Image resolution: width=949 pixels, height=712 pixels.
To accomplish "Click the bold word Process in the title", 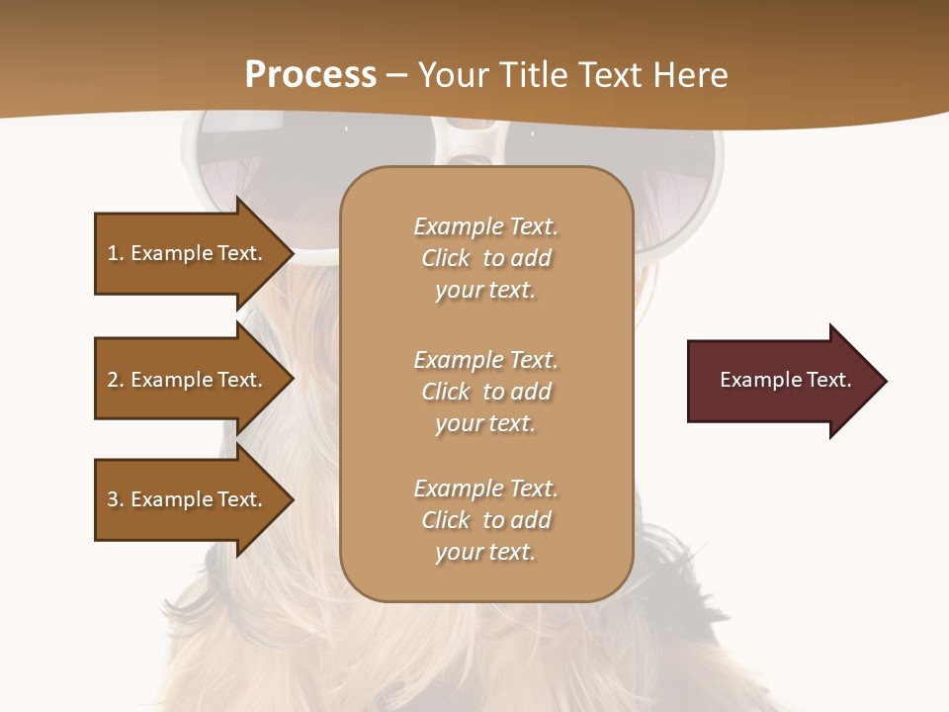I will [310, 75].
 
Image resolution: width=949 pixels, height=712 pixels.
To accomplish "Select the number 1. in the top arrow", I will [115, 253].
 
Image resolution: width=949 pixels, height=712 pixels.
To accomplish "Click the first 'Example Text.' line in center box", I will [485, 226].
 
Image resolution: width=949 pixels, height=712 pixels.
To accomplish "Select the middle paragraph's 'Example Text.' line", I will [485, 360].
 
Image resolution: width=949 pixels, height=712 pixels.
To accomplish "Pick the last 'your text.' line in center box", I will [485, 552].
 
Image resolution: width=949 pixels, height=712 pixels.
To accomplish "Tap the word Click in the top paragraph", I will [446, 258].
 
